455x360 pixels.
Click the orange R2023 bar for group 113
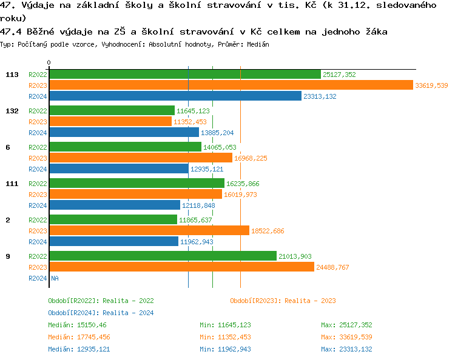click(x=231, y=85)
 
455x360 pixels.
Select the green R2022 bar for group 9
click(x=163, y=256)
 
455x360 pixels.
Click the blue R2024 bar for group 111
click(x=115, y=205)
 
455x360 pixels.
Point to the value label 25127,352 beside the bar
click(x=339, y=75)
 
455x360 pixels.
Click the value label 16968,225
click(x=251, y=158)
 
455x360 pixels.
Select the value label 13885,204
click(x=217, y=133)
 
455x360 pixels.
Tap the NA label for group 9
click(x=55, y=278)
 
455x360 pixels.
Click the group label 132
click(x=12, y=111)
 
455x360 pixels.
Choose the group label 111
click(x=12, y=184)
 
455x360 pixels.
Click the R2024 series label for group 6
click(x=38, y=169)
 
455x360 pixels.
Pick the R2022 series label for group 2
click(x=38, y=220)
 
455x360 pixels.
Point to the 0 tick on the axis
click(x=49, y=62)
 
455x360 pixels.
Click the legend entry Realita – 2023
click(x=283, y=301)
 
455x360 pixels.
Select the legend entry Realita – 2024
click(x=101, y=313)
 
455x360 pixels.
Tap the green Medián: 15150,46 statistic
click(x=77, y=325)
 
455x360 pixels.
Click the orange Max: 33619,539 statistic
click(x=346, y=337)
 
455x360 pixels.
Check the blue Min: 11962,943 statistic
click(x=225, y=349)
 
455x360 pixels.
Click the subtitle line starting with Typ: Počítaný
click(x=135, y=44)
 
